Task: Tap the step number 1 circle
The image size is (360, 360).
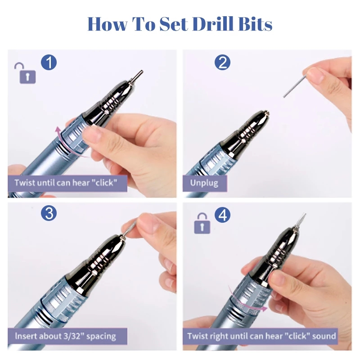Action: [49, 62]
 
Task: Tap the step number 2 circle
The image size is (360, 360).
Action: [222, 62]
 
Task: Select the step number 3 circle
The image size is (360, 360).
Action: [49, 213]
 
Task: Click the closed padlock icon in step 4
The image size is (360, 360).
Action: [202, 224]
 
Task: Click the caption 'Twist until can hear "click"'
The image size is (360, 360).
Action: [67, 183]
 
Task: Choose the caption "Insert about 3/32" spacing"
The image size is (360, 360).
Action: [67, 336]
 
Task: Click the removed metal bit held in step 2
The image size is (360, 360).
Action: [295, 85]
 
